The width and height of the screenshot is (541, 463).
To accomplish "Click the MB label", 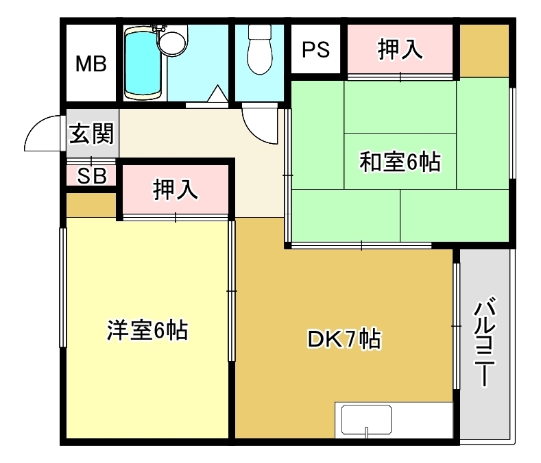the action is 91,64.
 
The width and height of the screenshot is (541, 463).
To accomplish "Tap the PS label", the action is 315,49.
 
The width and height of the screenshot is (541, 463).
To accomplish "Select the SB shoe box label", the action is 92,175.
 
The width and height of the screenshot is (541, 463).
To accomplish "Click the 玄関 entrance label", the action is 91,134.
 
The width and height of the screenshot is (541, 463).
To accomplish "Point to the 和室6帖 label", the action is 400,162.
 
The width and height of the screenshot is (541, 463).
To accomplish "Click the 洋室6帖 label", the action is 147,330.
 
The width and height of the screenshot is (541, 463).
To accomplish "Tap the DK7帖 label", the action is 344,339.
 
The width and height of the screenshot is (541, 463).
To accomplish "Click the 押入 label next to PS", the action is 400,49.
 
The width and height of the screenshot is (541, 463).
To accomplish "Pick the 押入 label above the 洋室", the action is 176,189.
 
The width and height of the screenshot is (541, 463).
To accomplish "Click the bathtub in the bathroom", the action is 143,64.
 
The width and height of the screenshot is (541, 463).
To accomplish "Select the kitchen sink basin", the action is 366,420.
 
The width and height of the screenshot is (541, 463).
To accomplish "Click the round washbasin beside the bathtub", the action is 173,42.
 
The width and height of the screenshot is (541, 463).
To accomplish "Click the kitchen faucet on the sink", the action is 366,432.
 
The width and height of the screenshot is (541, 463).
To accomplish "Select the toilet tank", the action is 260,32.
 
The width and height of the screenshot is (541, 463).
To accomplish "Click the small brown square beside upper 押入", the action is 484,51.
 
